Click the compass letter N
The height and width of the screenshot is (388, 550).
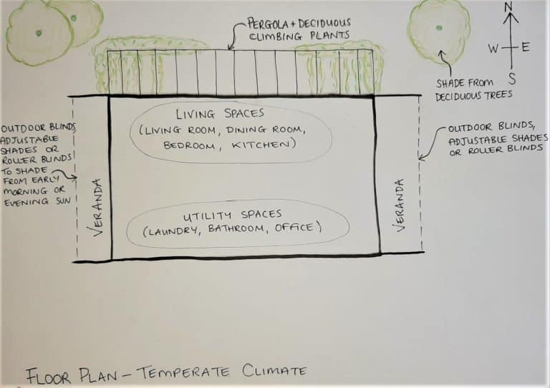pyautogui.click(x=509, y=8)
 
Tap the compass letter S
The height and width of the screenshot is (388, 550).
pyautogui.click(x=511, y=78)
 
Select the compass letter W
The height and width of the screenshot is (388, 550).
pyautogui.click(x=493, y=48)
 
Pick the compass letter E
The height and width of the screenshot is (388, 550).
pyautogui.click(x=526, y=48)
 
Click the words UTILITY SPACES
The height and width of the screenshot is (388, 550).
pyautogui.click(x=231, y=214)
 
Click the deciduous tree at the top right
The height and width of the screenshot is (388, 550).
pyautogui.click(x=438, y=29)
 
